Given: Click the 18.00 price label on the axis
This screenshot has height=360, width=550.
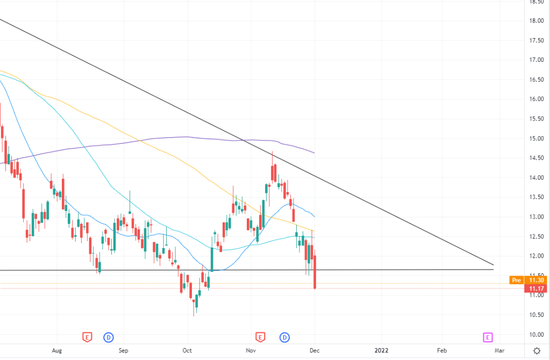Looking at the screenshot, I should [x=535, y=21].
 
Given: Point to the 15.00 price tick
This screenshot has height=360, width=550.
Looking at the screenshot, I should [x=535, y=138].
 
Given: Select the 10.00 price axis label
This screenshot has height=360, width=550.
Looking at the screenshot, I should [x=535, y=335].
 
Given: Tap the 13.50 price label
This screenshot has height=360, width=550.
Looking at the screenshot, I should [x=535, y=197].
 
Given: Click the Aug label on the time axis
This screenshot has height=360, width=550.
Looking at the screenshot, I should [x=58, y=350].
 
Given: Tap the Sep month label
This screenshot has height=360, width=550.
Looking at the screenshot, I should [x=124, y=350].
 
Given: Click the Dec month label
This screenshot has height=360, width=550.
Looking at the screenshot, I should [x=315, y=350].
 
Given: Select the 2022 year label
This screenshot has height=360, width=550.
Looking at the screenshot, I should [x=381, y=350].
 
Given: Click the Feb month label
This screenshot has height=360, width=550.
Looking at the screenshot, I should [x=442, y=350].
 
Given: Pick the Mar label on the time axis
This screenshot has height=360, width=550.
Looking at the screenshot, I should [x=499, y=350].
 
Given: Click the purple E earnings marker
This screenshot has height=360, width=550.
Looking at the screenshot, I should [x=488, y=337].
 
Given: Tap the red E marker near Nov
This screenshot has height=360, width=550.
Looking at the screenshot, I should [x=260, y=337].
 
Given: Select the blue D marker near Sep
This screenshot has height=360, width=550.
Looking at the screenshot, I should [x=109, y=337].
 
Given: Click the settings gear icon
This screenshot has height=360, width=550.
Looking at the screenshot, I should [x=535, y=350].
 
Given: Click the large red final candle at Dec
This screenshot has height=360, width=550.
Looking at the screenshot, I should [x=315, y=272].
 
